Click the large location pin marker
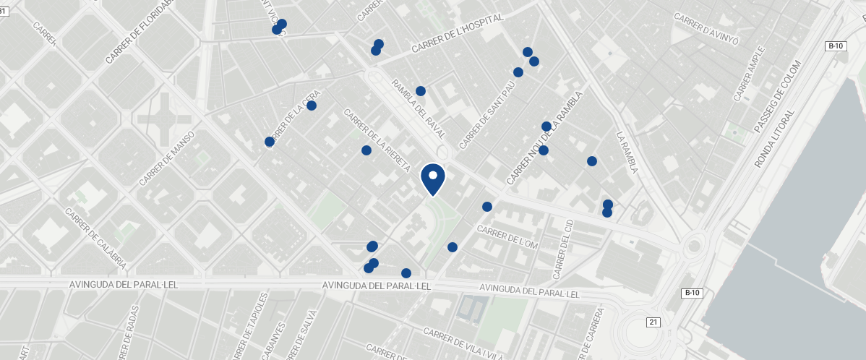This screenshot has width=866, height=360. pos(432,179)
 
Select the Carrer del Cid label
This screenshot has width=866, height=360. pos(562,250)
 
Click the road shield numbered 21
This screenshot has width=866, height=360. pos(653,322)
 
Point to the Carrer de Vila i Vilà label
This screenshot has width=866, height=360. pos(463,343)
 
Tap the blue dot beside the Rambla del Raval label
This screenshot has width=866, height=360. pos(421,91)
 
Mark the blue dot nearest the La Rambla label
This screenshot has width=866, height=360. pos(592,161)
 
